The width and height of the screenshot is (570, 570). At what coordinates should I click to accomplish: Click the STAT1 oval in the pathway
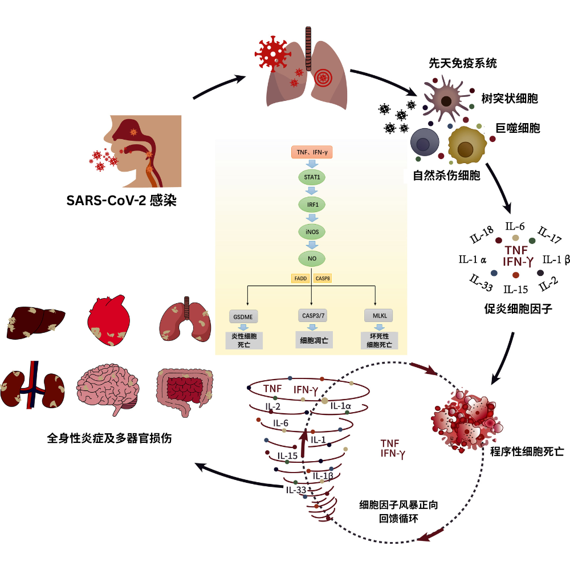312,177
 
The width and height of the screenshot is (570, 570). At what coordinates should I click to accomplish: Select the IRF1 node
312,204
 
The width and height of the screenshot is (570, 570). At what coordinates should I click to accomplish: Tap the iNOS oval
312,231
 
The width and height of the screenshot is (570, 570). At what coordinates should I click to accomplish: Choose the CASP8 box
323,278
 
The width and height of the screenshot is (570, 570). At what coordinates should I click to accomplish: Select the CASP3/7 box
312,315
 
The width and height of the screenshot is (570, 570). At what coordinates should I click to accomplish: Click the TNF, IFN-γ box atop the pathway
312,152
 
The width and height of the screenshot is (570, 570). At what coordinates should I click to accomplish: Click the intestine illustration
185,388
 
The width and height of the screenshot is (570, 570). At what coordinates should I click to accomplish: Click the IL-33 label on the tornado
296,489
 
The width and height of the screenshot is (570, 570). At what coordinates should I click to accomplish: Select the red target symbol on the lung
323,77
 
